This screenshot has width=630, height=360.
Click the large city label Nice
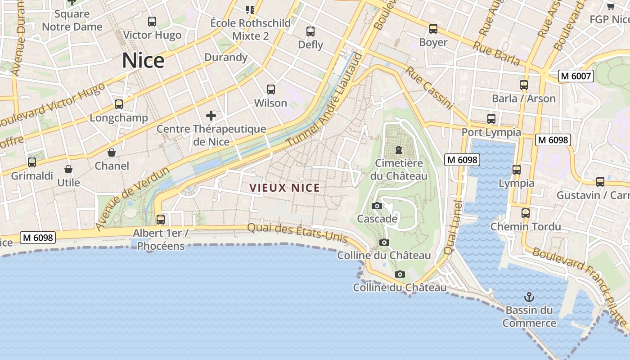pyautogui.click(x=143, y=60)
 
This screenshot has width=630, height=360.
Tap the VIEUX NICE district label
pyautogui.click(x=284, y=188)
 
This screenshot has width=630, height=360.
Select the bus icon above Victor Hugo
pyautogui.click(x=152, y=21)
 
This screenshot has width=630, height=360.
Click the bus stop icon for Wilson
pyautogui.click(x=270, y=89)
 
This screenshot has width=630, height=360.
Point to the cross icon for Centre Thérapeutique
pyautogui.click(x=211, y=116)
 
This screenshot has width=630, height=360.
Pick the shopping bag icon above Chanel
pyautogui.click(x=112, y=153)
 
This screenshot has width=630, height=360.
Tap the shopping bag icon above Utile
pyautogui.click(x=68, y=169)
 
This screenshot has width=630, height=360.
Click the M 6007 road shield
pyautogui.click(x=576, y=76)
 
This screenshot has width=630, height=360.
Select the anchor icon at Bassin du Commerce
pyautogui.click(x=529, y=297)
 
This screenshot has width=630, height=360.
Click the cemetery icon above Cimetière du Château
pyautogui.click(x=398, y=149)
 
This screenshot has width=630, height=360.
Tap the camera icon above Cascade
pyautogui.click(x=377, y=206)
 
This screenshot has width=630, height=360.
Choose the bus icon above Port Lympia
pyautogui.click(x=491, y=119)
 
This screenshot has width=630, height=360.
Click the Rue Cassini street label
pyautogui.click(x=428, y=88)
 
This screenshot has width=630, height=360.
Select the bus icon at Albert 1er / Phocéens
pyautogui.click(x=161, y=220)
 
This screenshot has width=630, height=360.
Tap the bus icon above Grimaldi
pyautogui.click(x=32, y=162)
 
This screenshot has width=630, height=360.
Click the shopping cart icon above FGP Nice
pyautogui.click(x=611, y=6)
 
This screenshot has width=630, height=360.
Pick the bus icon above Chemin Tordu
pyautogui.click(x=526, y=213)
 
